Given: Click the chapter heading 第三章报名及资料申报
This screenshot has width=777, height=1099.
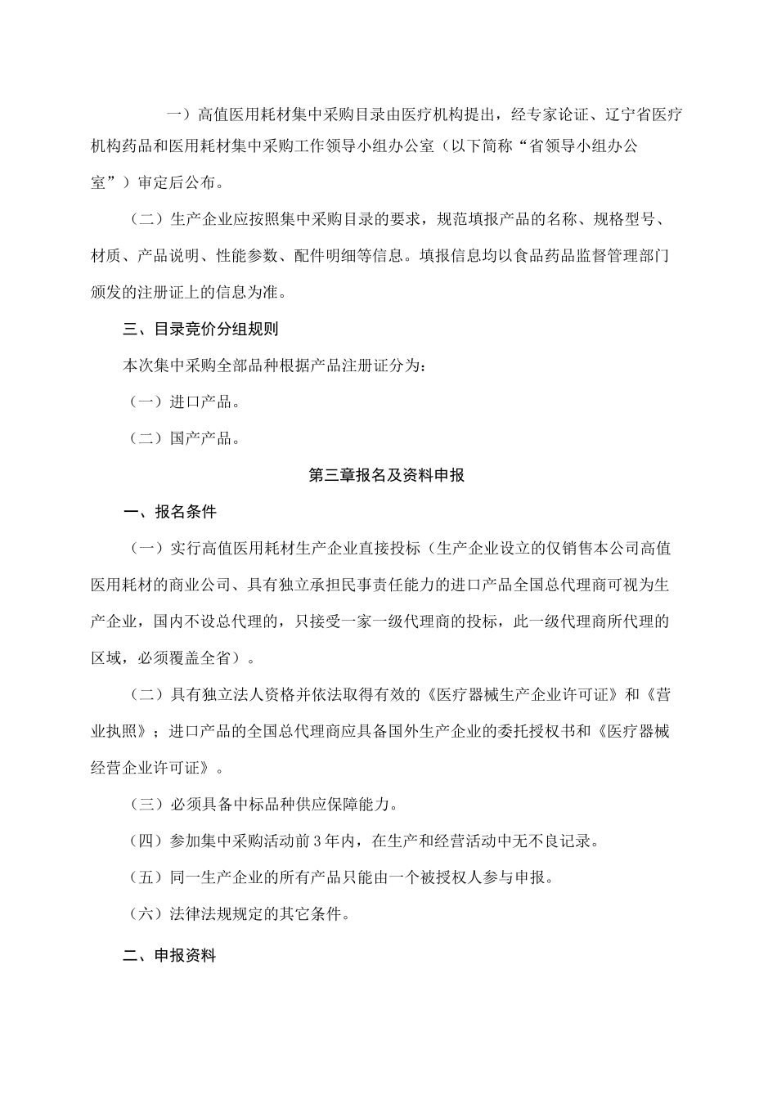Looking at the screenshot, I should point(387,475).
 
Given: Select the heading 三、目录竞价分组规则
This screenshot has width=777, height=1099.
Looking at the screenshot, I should point(200,330).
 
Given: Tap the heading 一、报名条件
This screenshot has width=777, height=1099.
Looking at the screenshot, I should point(169,513).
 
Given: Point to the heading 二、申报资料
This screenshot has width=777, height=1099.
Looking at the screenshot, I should point(169,954).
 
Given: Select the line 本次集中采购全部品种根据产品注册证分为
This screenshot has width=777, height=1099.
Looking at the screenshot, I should point(274,366).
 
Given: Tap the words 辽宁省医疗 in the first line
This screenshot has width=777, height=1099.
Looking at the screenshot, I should point(645,114).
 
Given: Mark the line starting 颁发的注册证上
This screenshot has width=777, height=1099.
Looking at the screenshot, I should point(188,292).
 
